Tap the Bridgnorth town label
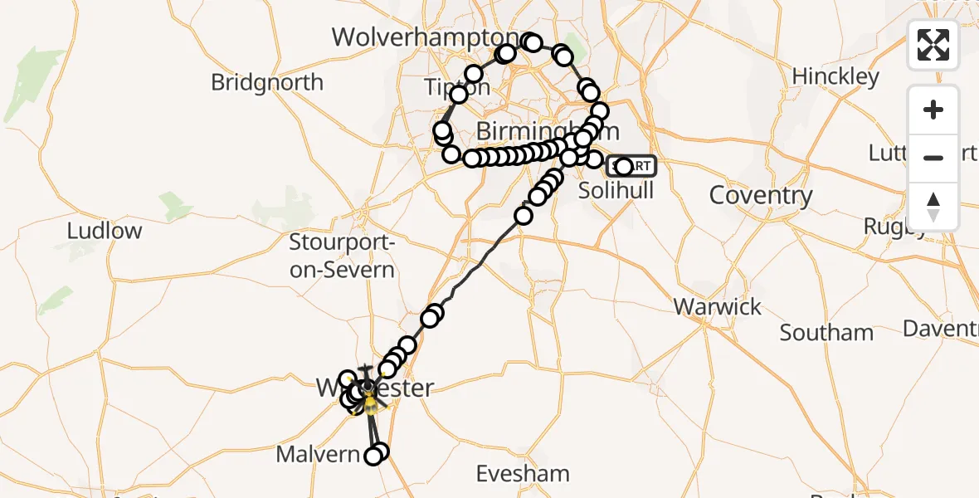pos(267,82)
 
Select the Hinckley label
pos(835,76)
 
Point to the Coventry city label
pos(760,195)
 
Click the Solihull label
pos(616,190)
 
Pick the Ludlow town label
pos(105,231)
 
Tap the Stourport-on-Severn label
pos(342,256)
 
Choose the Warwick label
pos(717,306)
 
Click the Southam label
pos(826,333)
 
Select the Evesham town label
pos(523,474)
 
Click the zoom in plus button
pos(933,110)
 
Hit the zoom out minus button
pos(933,158)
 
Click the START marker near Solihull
pos(632,166)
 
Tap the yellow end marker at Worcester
pos(369,404)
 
